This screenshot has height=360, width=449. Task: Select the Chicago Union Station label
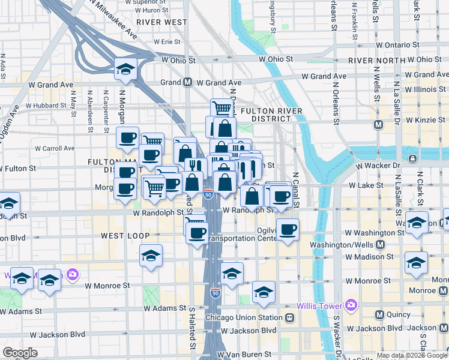[x=244, y=317]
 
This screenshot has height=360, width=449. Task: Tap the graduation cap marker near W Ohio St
[x=126, y=70]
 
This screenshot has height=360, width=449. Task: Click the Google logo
[x=20, y=353]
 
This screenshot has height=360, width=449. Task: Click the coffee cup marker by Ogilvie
[x=289, y=230]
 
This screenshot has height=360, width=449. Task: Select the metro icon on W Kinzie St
[x=378, y=125]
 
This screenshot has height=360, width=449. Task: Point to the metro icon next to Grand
[x=187, y=82]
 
